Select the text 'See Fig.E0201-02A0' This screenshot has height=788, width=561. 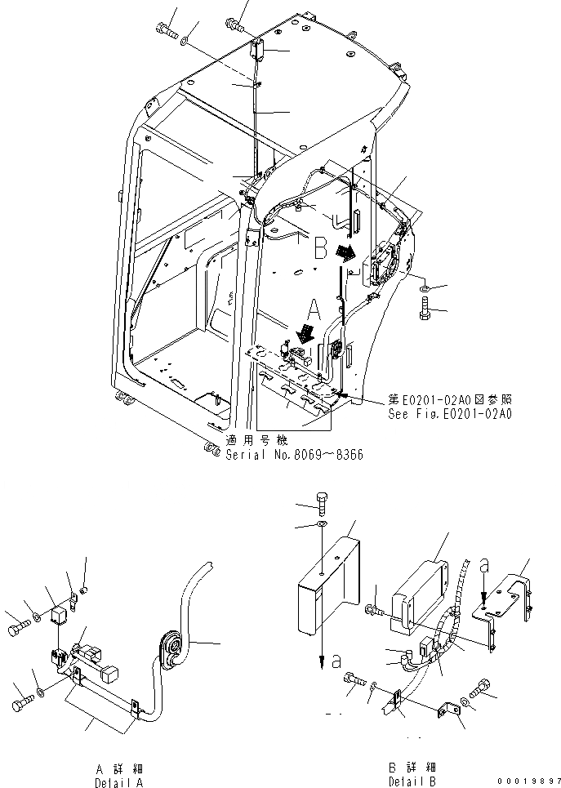[450, 414]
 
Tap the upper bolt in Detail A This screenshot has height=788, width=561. [19, 628]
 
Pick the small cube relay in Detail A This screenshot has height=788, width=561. [58, 615]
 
